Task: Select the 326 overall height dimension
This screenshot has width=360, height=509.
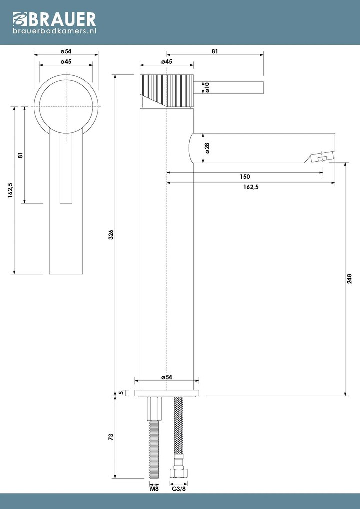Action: pyautogui.click(x=111, y=234)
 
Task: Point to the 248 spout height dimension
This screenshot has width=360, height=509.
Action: pyautogui.click(x=349, y=278)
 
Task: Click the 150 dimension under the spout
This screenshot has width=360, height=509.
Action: pyautogui.click(x=245, y=177)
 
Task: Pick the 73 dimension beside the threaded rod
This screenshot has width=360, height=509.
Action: pyautogui.click(x=111, y=437)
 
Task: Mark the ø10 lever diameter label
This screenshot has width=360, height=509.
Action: pyautogui.click(x=206, y=87)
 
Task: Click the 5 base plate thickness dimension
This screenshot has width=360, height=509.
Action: pyautogui.click(x=121, y=393)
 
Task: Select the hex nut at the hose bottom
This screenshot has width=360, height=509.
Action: pyautogui.click(x=179, y=473)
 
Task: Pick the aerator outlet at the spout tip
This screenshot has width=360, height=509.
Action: pyautogui.click(x=322, y=159)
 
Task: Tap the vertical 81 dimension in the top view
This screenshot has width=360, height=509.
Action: pyautogui.click(x=20, y=155)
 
